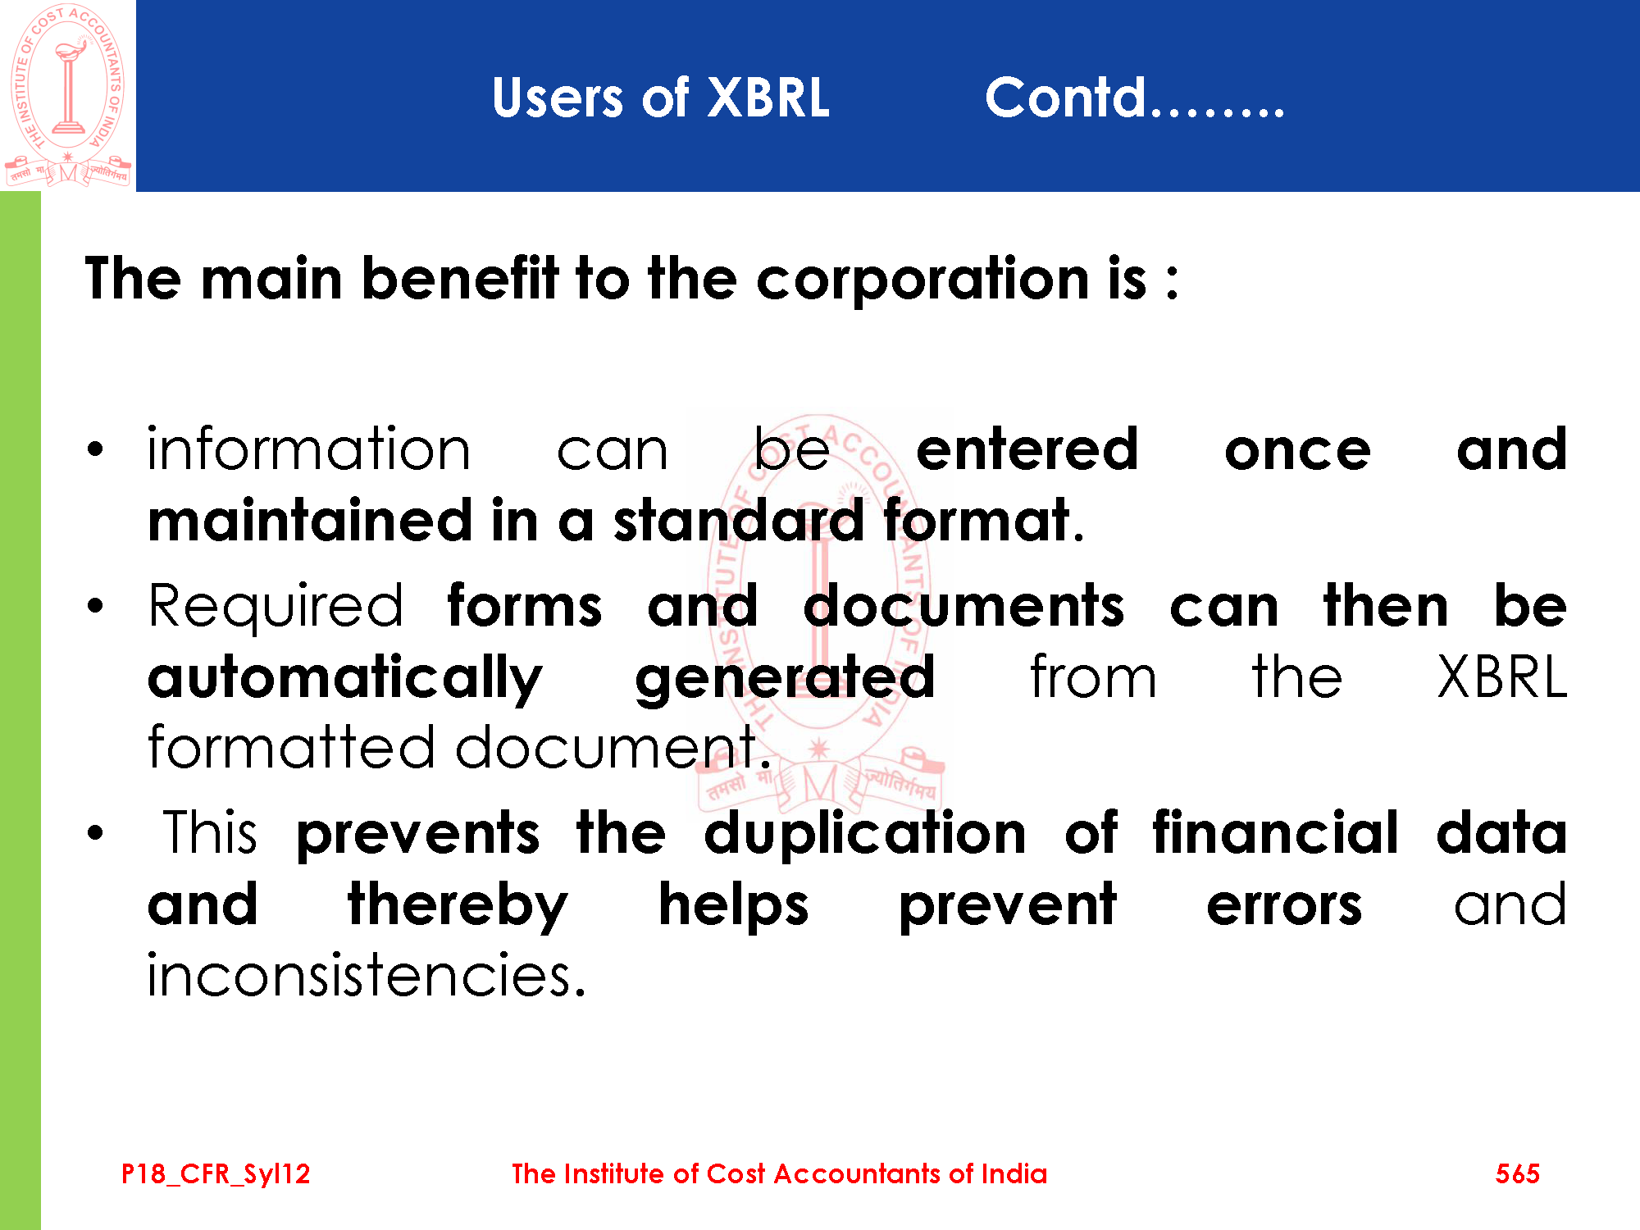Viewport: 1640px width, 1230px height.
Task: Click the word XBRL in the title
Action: tap(768, 98)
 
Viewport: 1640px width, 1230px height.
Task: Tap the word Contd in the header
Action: tap(1065, 97)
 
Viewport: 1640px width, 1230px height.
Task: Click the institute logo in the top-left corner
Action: tap(68, 95)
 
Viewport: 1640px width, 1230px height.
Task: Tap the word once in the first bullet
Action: tap(1297, 452)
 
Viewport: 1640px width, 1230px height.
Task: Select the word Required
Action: tap(276, 607)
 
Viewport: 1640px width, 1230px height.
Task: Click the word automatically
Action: tap(345, 679)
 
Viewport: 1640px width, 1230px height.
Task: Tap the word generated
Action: tap(785, 679)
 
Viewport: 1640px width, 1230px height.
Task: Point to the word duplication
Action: tap(865, 834)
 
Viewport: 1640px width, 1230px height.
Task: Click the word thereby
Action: tap(458, 905)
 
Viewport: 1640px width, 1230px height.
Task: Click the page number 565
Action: tap(1517, 1173)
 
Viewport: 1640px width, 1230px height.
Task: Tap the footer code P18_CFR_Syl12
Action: tap(216, 1174)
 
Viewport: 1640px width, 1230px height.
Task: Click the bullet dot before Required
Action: tap(96, 607)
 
